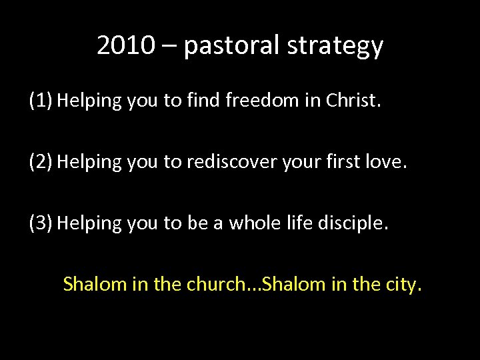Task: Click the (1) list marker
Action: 41,101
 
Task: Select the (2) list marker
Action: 41,162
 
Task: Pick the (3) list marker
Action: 41,223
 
